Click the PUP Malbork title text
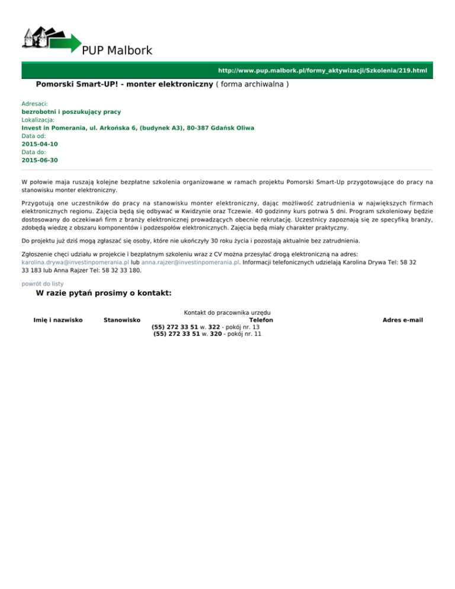[117, 51]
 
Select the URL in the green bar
[322, 71]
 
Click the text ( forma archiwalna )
[252, 85]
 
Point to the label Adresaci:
[34, 103]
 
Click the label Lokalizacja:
[38, 119]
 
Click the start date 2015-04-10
[40, 144]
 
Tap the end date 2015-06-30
[40, 160]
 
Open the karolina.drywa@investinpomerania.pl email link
[75, 261]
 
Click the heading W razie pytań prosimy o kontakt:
[104, 293]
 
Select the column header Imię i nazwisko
[58, 320]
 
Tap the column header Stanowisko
[121, 320]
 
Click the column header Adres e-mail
[403, 320]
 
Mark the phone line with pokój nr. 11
[207, 334]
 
